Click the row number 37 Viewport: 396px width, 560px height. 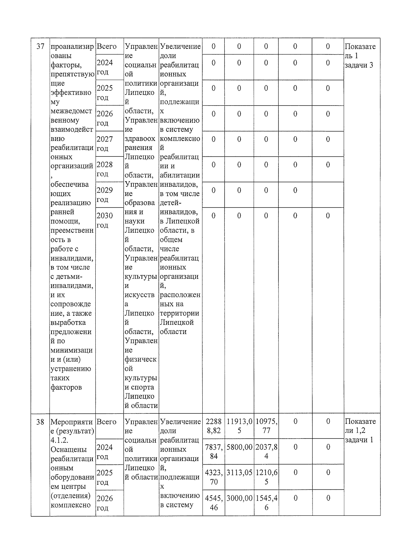click(x=40, y=47)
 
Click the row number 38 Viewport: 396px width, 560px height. click(x=40, y=422)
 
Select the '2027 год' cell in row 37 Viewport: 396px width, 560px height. click(x=105, y=144)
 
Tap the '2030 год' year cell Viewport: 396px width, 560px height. click(x=105, y=220)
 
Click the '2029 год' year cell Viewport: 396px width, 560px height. click(x=105, y=195)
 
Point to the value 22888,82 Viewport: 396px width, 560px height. click(x=214, y=426)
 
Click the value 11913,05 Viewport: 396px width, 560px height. click(x=239, y=426)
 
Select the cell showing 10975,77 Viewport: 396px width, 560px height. click(x=266, y=426)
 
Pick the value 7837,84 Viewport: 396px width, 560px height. click(x=214, y=452)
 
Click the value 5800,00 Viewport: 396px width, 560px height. click(x=239, y=447)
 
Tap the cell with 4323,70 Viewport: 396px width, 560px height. click(x=214, y=477)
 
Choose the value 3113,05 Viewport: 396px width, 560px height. click(x=239, y=473)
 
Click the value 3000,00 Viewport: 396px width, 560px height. click(x=239, y=498)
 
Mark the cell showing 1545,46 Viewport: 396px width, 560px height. click(x=266, y=503)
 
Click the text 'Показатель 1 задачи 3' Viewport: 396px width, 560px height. click(x=360, y=56)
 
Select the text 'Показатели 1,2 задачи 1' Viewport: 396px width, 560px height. click(x=360, y=431)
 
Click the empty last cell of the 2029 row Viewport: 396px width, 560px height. click(x=328, y=195)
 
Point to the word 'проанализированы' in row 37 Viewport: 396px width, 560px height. click(x=72, y=51)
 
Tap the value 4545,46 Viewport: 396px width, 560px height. click(x=214, y=503)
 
